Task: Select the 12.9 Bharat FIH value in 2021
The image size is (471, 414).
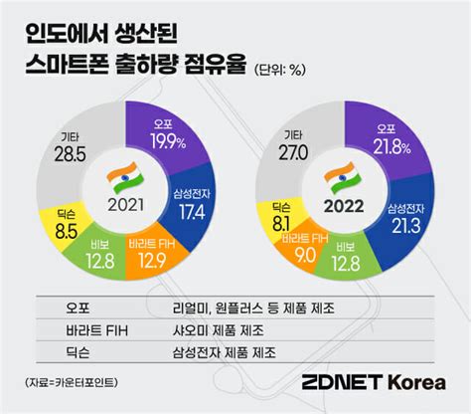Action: [151, 260]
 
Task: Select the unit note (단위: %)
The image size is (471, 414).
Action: [284, 69]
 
